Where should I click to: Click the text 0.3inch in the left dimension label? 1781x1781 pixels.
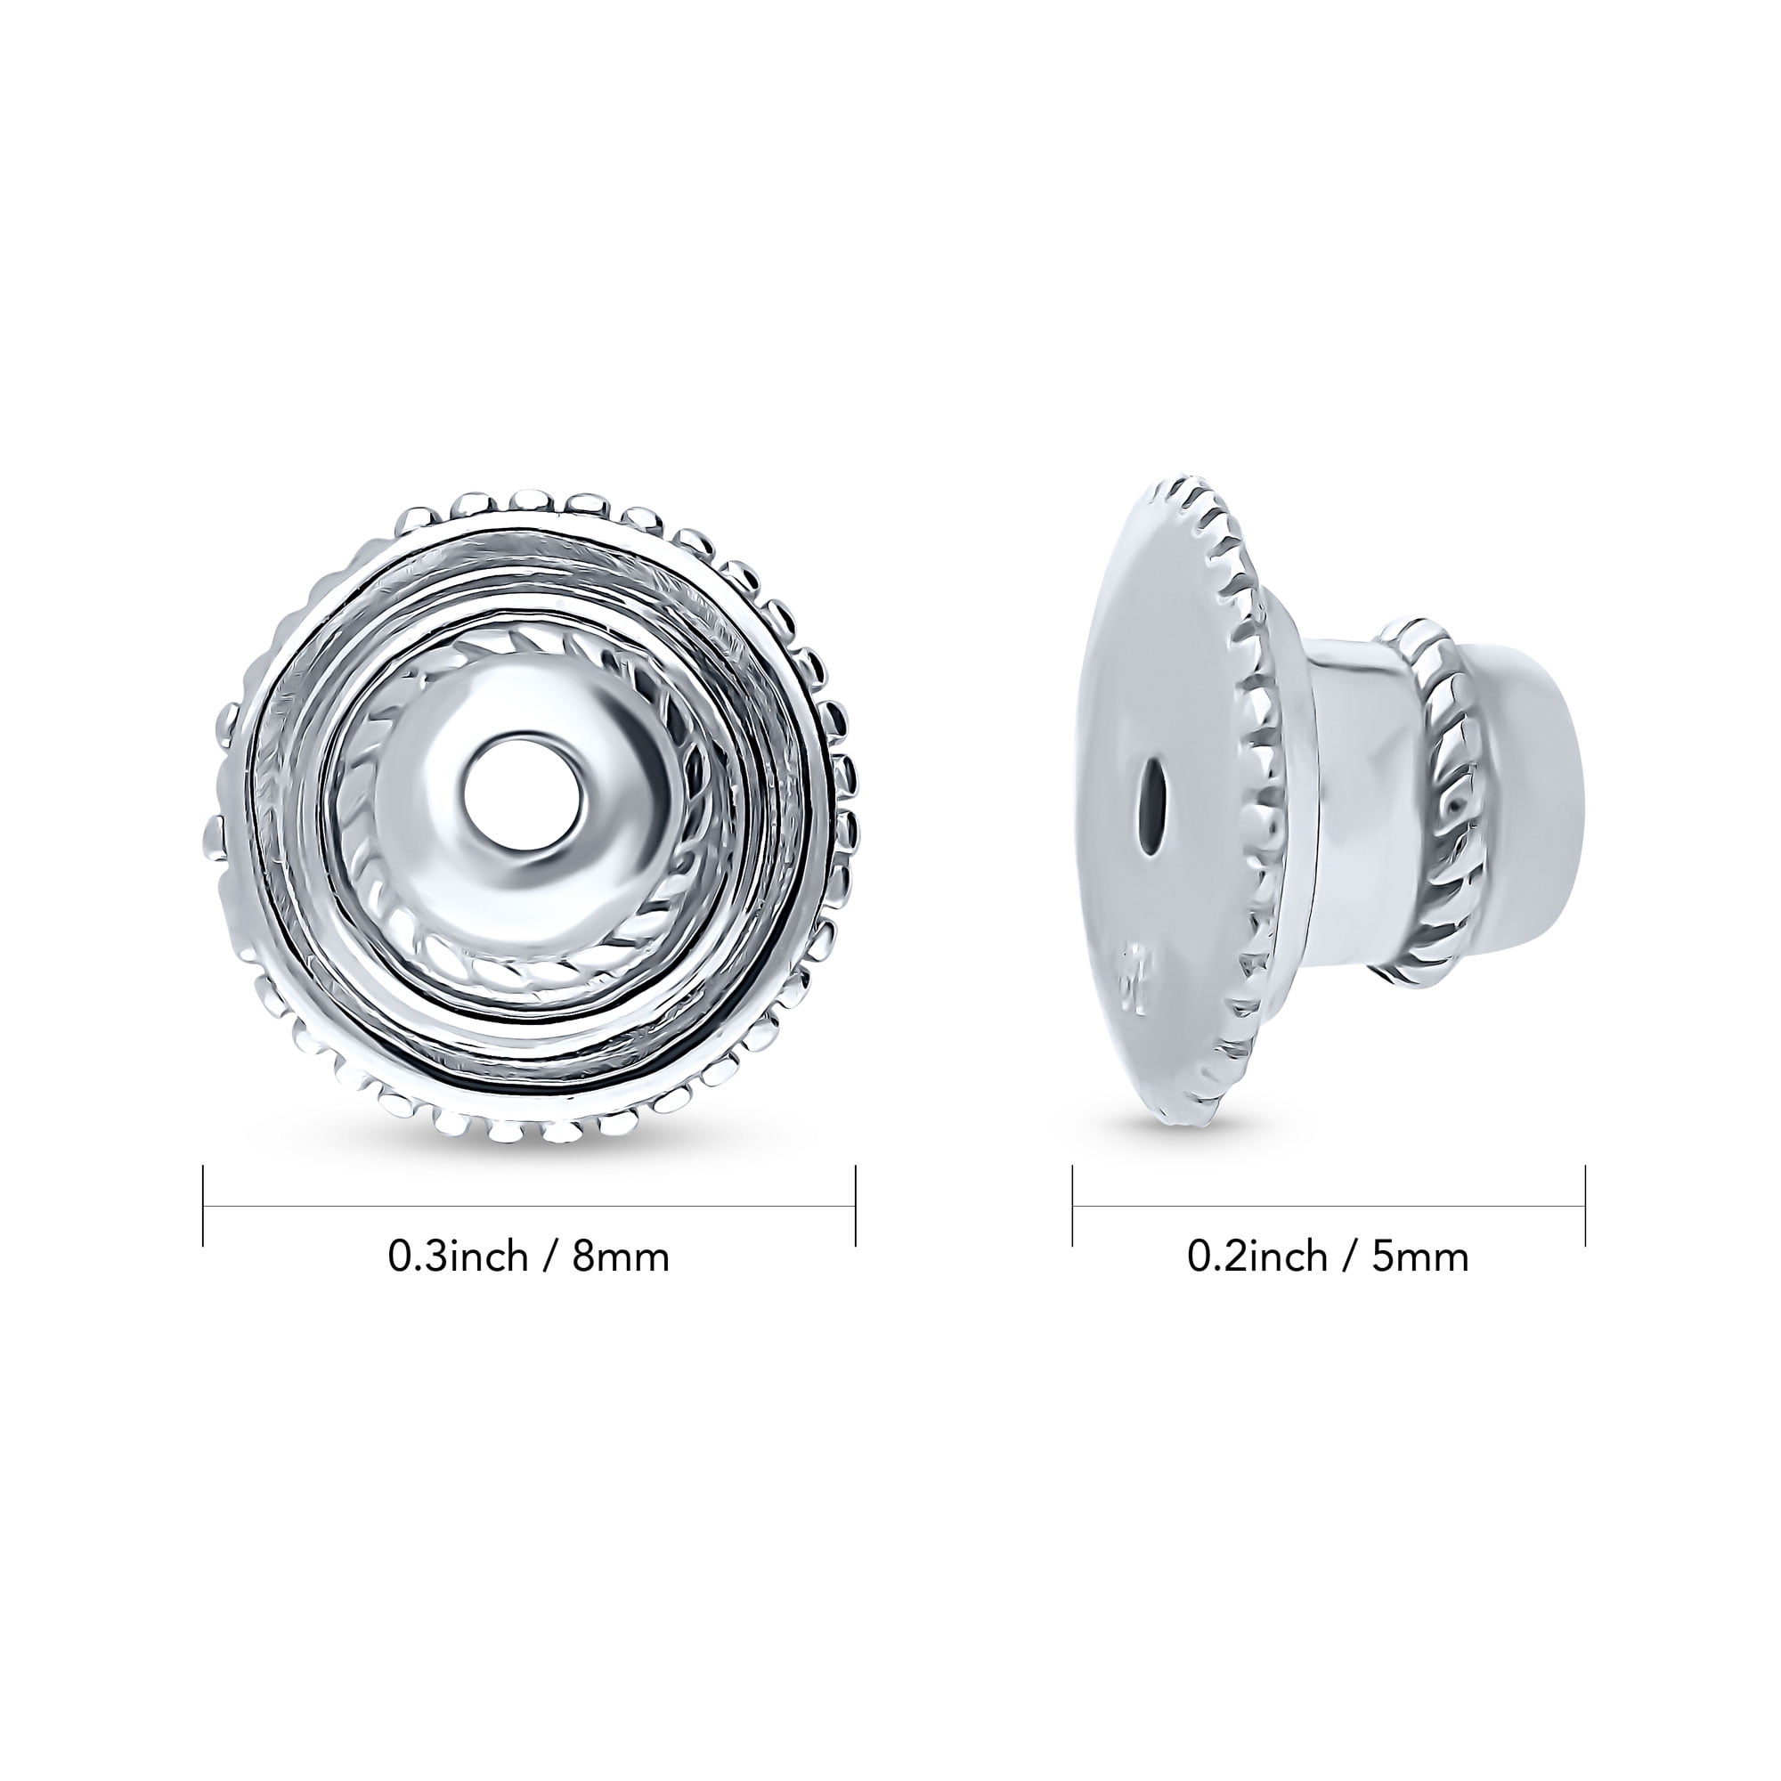458,1256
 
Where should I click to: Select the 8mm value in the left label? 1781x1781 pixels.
621,1256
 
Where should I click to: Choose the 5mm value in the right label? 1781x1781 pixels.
1420,1256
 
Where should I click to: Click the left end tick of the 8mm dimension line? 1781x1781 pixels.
203,1206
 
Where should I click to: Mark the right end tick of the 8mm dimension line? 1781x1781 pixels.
857,1206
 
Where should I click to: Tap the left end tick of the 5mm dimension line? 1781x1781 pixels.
1073,1206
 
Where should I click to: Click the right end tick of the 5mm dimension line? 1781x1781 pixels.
1586,1206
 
